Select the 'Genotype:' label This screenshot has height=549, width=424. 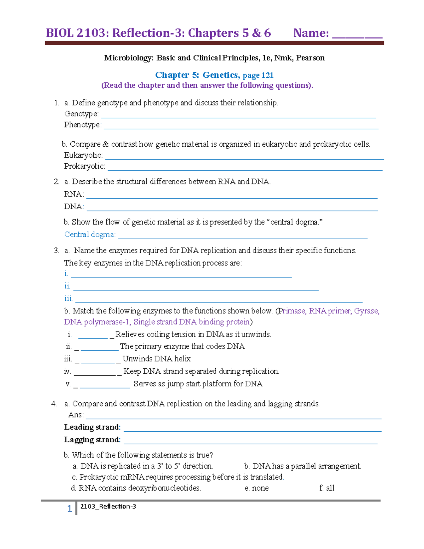point(81,114)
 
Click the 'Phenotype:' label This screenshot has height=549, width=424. point(83,125)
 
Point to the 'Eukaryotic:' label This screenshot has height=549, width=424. point(83,155)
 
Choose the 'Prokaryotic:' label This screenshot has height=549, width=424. point(84,166)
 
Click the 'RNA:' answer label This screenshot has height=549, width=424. point(74,194)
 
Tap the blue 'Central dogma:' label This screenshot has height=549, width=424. point(90,234)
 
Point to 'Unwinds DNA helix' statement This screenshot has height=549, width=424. point(157,359)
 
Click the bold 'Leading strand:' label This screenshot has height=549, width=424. point(92,427)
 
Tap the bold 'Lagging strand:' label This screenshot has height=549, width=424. point(92,439)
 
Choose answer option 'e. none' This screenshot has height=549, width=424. point(257,488)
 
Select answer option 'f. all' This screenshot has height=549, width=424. point(327,488)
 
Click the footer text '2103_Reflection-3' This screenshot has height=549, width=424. point(108,506)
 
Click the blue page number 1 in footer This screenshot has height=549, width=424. point(70,508)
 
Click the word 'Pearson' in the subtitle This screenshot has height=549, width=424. point(310,58)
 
